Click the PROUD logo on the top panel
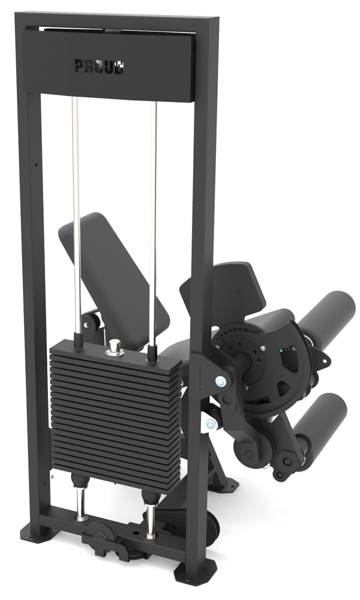(x=99, y=66)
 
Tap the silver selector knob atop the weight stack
(x=113, y=346)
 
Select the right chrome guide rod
(x=154, y=222)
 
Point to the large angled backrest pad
(x=115, y=268)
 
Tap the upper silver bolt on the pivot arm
(x=220, y=381)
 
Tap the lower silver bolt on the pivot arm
(x=209, y=423)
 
